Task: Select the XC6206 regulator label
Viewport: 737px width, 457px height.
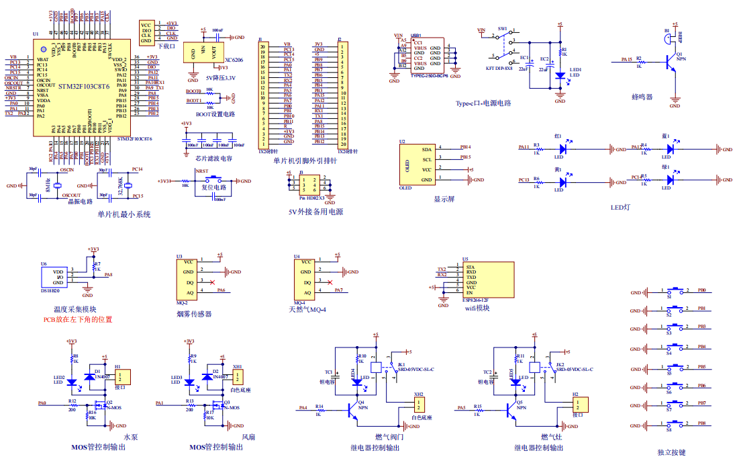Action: coord(234,60)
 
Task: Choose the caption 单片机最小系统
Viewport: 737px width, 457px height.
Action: coord(124,214)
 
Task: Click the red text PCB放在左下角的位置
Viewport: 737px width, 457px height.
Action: coord(78,319)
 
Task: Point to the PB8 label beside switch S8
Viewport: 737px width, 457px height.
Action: coord(701,423)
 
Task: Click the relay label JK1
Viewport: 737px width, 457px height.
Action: coord(401,364)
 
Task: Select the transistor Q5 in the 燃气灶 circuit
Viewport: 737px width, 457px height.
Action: coord(513,406)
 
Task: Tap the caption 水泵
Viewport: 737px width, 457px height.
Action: coord(132,437)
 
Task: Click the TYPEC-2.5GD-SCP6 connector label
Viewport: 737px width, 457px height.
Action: coord(428,75)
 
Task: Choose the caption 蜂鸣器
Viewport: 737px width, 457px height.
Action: coord(642,97)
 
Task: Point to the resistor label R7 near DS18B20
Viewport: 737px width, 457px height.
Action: coord(97,264)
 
